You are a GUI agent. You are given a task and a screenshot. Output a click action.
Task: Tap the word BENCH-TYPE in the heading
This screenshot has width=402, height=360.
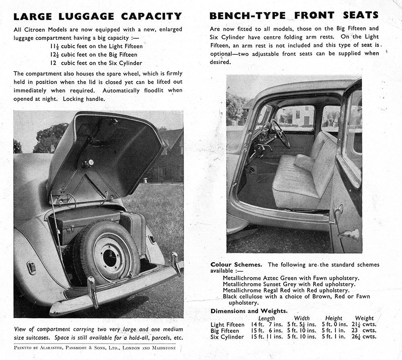(248, 16)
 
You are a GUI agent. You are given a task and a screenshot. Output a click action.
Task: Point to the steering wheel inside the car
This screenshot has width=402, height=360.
(280, 133)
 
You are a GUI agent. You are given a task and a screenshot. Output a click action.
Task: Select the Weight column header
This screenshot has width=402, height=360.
(364, 318)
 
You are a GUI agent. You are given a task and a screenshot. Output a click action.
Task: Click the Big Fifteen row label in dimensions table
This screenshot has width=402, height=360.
(225, 331)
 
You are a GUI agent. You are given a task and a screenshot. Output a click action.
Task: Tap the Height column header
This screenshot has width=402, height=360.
(334, 318)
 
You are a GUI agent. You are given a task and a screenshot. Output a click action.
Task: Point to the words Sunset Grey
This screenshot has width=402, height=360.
(280, 284)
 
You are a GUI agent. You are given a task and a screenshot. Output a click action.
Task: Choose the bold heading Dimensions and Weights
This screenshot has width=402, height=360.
(249, 311)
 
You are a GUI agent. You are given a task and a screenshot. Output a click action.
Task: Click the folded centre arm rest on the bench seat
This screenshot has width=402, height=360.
(305, 162)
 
